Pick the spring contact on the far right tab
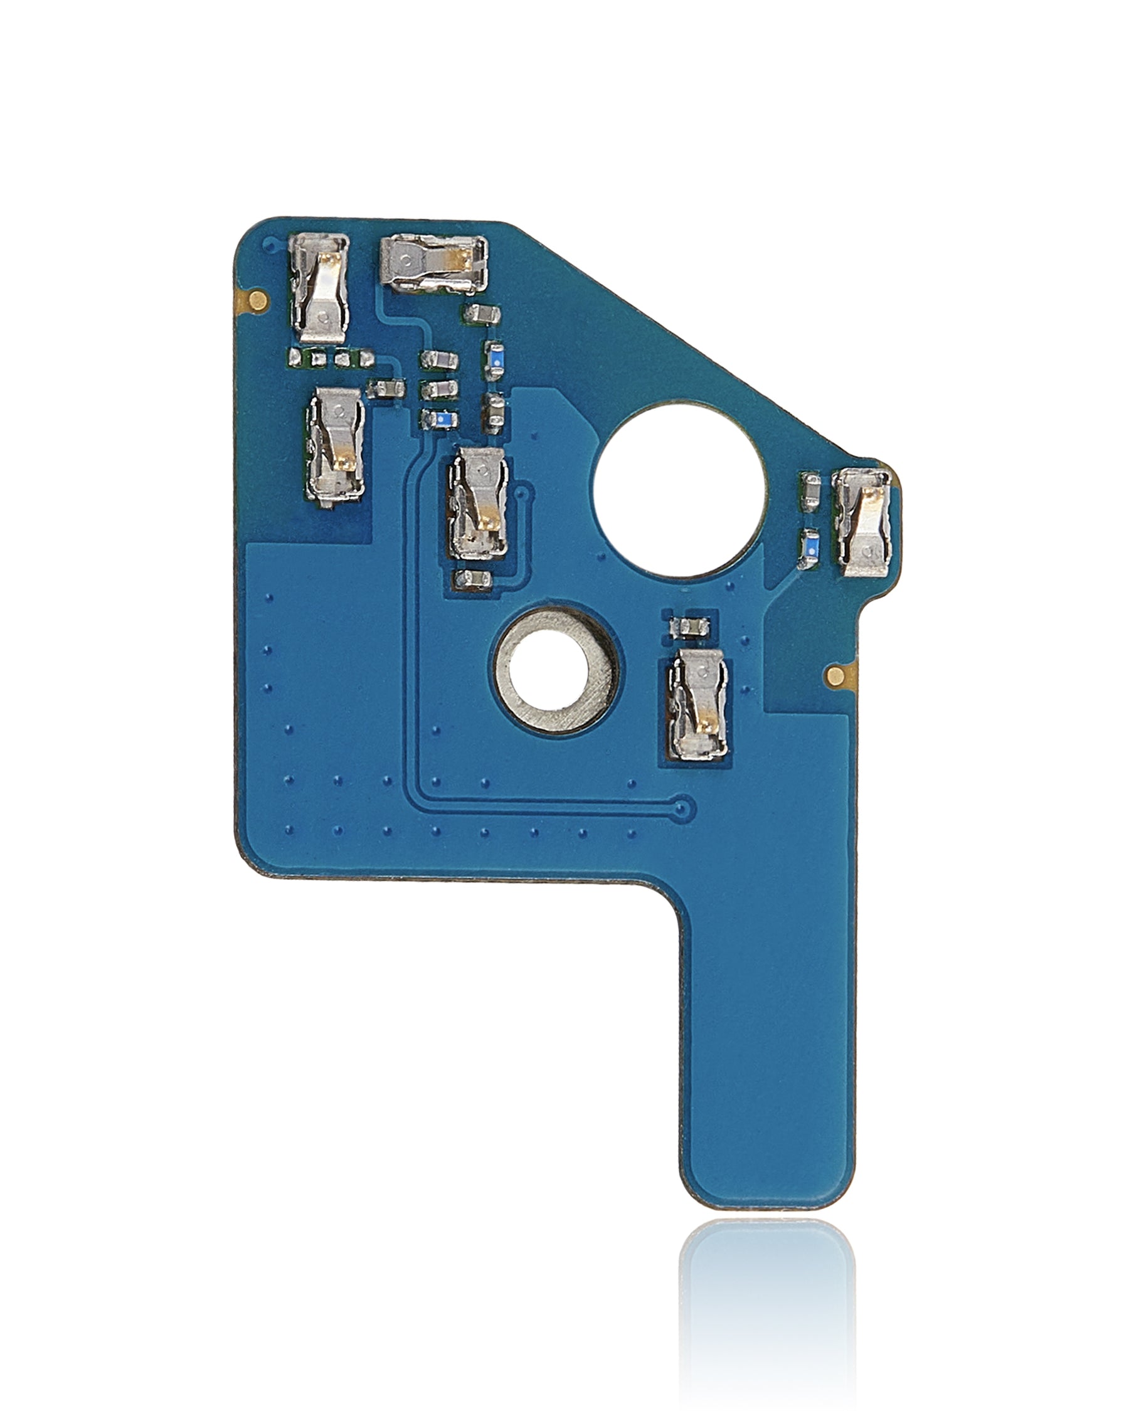pos(862,523)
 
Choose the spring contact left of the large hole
pos(479,502)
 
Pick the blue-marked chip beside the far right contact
pos(810,543)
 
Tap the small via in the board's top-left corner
pos(267,244)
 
